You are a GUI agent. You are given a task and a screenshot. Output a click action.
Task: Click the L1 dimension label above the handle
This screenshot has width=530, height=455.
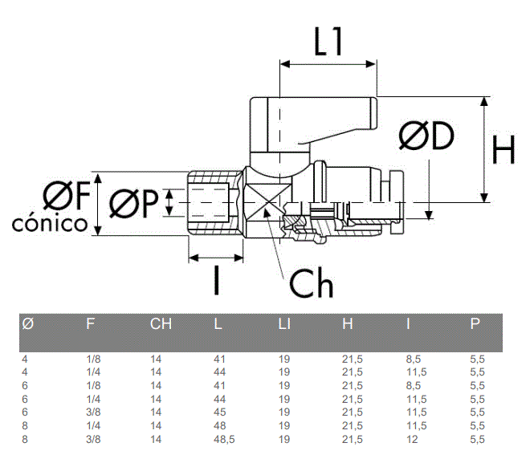328,41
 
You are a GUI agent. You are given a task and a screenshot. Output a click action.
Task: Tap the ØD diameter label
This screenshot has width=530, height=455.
426,136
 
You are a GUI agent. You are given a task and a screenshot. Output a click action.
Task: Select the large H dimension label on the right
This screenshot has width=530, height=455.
503,149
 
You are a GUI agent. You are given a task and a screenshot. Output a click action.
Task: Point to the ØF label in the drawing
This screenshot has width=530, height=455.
67,195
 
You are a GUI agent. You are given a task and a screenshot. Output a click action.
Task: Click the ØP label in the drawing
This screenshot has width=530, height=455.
134,203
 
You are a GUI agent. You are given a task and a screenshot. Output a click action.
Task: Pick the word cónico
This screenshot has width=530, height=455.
50,224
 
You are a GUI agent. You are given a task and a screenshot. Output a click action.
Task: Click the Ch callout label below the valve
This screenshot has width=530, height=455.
312,283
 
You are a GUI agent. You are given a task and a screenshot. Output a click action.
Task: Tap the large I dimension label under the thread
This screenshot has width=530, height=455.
217,280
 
